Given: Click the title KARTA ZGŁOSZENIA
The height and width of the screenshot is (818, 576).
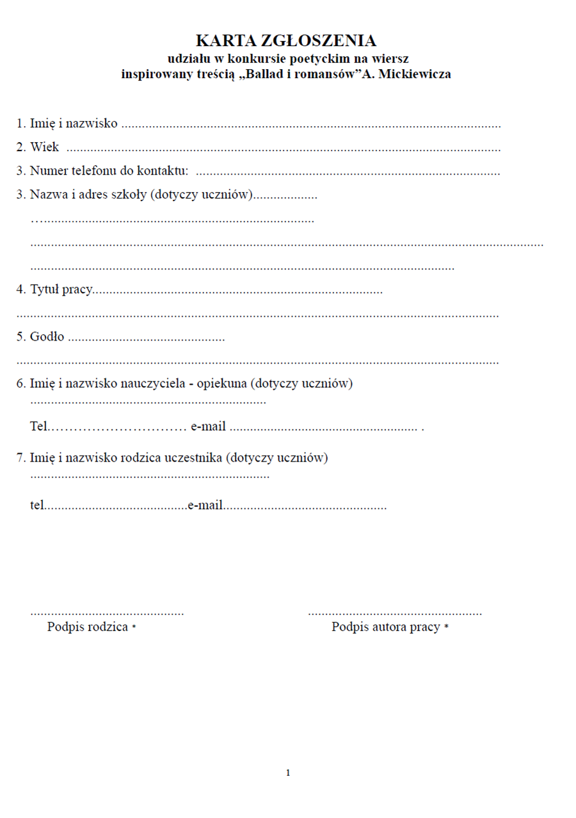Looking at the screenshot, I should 285,41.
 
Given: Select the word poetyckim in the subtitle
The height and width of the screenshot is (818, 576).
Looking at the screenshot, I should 316,58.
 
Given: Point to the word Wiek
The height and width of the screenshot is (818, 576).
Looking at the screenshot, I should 44,147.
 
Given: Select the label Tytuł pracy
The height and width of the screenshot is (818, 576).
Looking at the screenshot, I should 61,289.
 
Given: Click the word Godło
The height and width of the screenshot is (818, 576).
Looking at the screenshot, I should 47,337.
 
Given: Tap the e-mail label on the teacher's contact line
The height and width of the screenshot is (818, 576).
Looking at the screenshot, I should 208,426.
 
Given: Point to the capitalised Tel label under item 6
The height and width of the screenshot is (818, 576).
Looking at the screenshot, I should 38,426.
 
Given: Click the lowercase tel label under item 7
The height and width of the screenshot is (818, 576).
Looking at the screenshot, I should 36,505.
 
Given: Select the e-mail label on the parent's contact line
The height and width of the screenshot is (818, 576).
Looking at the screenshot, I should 205,505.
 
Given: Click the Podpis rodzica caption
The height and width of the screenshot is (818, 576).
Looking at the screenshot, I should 88,627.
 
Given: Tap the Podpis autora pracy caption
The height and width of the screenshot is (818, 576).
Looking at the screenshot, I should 385,627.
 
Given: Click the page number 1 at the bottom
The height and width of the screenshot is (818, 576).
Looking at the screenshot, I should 288,773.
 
